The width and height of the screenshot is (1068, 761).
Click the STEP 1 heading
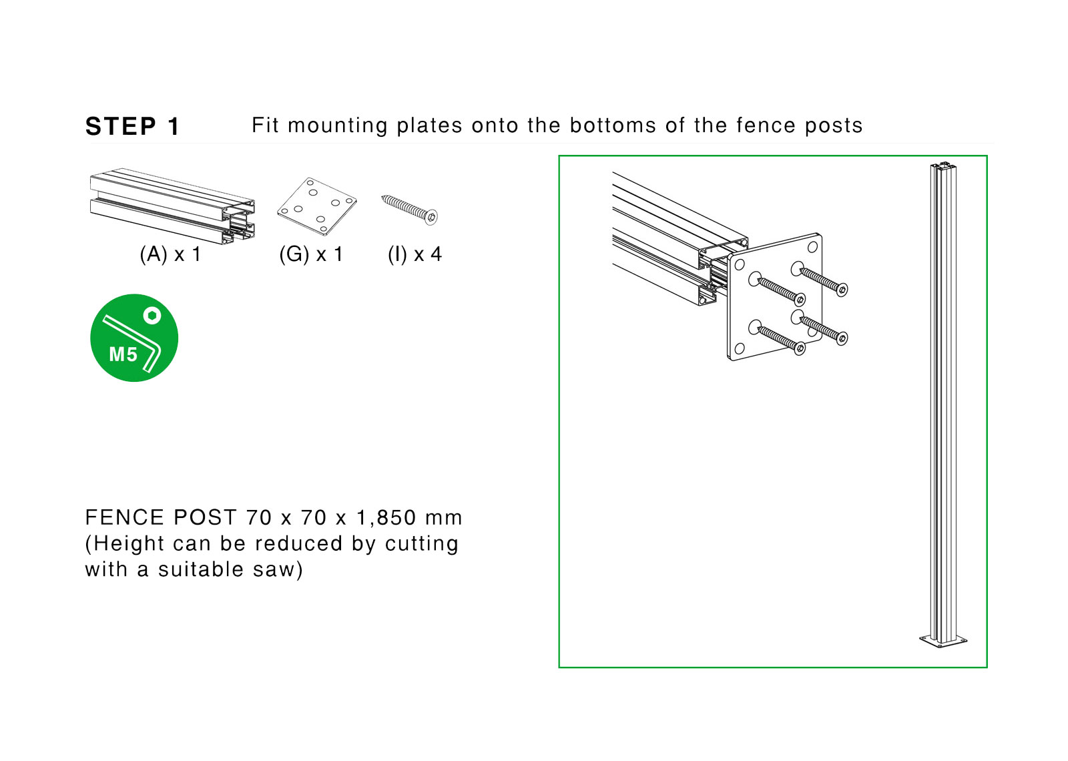[x=132, y=126]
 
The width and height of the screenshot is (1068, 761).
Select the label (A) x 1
[x=170, y=254]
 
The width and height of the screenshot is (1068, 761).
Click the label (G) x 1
[x=311, y=254]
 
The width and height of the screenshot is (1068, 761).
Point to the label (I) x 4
[x=415, y=254]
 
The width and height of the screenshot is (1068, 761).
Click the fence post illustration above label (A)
[x=172, y=204]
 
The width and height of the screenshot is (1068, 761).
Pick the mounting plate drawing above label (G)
[x=316, y=206]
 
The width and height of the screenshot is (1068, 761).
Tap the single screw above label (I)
[x=409, y=209]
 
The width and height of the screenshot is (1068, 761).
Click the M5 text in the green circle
[x=123, y=354]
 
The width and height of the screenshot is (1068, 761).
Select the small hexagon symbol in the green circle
[x=152, y=315]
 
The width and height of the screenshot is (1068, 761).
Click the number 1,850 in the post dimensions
[x=386, y=518]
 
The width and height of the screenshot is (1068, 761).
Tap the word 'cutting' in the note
[x=421, y=544]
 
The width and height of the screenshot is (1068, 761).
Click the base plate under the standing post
[x=943, y=641]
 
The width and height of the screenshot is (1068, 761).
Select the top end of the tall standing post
[x=944, y=166]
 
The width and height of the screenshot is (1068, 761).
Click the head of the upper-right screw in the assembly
[x=842, y=290]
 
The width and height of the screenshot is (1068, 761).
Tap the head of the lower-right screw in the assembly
[x=842, y=338]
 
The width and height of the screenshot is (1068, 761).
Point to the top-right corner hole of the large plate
[x=812, y=247]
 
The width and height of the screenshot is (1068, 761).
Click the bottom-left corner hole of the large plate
[x=739, y=348]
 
